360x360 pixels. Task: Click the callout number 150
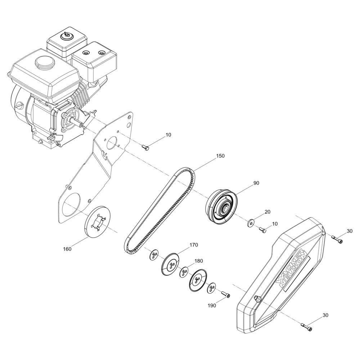click(x=220, y=156)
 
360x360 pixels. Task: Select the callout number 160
click(x=67, y=249)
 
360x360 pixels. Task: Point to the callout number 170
click(x=194, y=245)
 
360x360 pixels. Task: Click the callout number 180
click(x=199, y=261)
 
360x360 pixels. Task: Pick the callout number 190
click(x=212, y=306)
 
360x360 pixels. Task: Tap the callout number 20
click(x=267, y=212)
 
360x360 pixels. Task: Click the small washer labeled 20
click(x=251, y=223)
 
